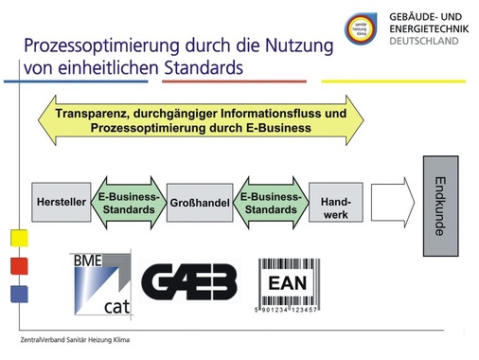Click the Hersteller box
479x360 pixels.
(61, 203)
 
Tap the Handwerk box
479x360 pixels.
(335, 203)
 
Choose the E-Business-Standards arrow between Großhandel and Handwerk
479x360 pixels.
(270, 203)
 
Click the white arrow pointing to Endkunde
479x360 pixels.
(392, 203)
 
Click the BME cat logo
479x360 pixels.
(102, 281)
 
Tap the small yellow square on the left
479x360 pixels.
(18, 237)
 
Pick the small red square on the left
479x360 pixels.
(18, 265)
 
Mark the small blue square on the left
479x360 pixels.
(18, 293)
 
